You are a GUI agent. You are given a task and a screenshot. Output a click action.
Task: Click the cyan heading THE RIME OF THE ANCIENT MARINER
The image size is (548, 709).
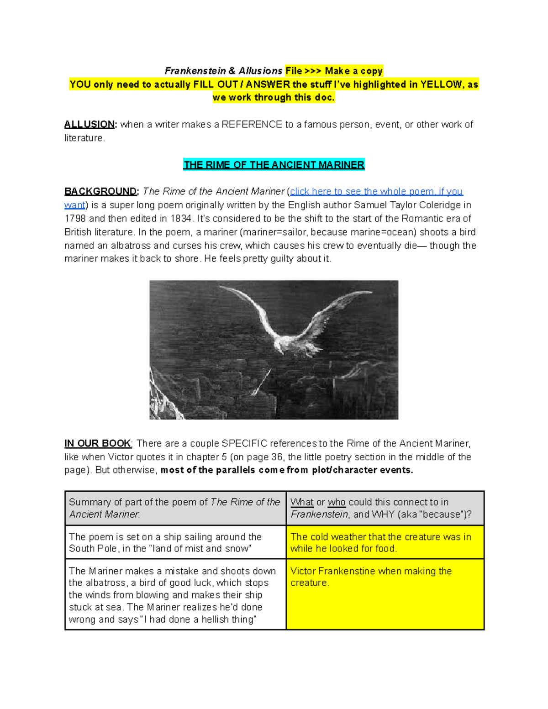click(x=274, y=165)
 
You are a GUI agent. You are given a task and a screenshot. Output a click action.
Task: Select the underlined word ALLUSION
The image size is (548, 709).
click(x=90, y=124)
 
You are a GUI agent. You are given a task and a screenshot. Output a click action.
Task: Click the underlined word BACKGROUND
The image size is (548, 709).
click(x=100, y=191)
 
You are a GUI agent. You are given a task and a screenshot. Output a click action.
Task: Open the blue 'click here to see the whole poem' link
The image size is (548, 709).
click(x=376, y=191)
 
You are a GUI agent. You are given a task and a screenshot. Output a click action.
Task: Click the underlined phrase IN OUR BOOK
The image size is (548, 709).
click(x=98, y=443)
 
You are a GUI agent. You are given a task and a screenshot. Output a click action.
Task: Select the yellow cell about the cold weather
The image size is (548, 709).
click(x=385, y=542)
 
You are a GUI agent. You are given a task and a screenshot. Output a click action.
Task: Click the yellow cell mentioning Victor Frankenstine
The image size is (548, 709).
click(x=385, y=593)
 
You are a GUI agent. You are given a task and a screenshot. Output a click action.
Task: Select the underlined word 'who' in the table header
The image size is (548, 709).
click(x=337, y=502)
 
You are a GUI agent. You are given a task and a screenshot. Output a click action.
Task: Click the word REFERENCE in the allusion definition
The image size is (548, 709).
click(x=252, y=124)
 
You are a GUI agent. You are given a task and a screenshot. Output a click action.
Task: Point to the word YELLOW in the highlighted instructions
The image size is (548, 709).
click(x=441, y=84)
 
